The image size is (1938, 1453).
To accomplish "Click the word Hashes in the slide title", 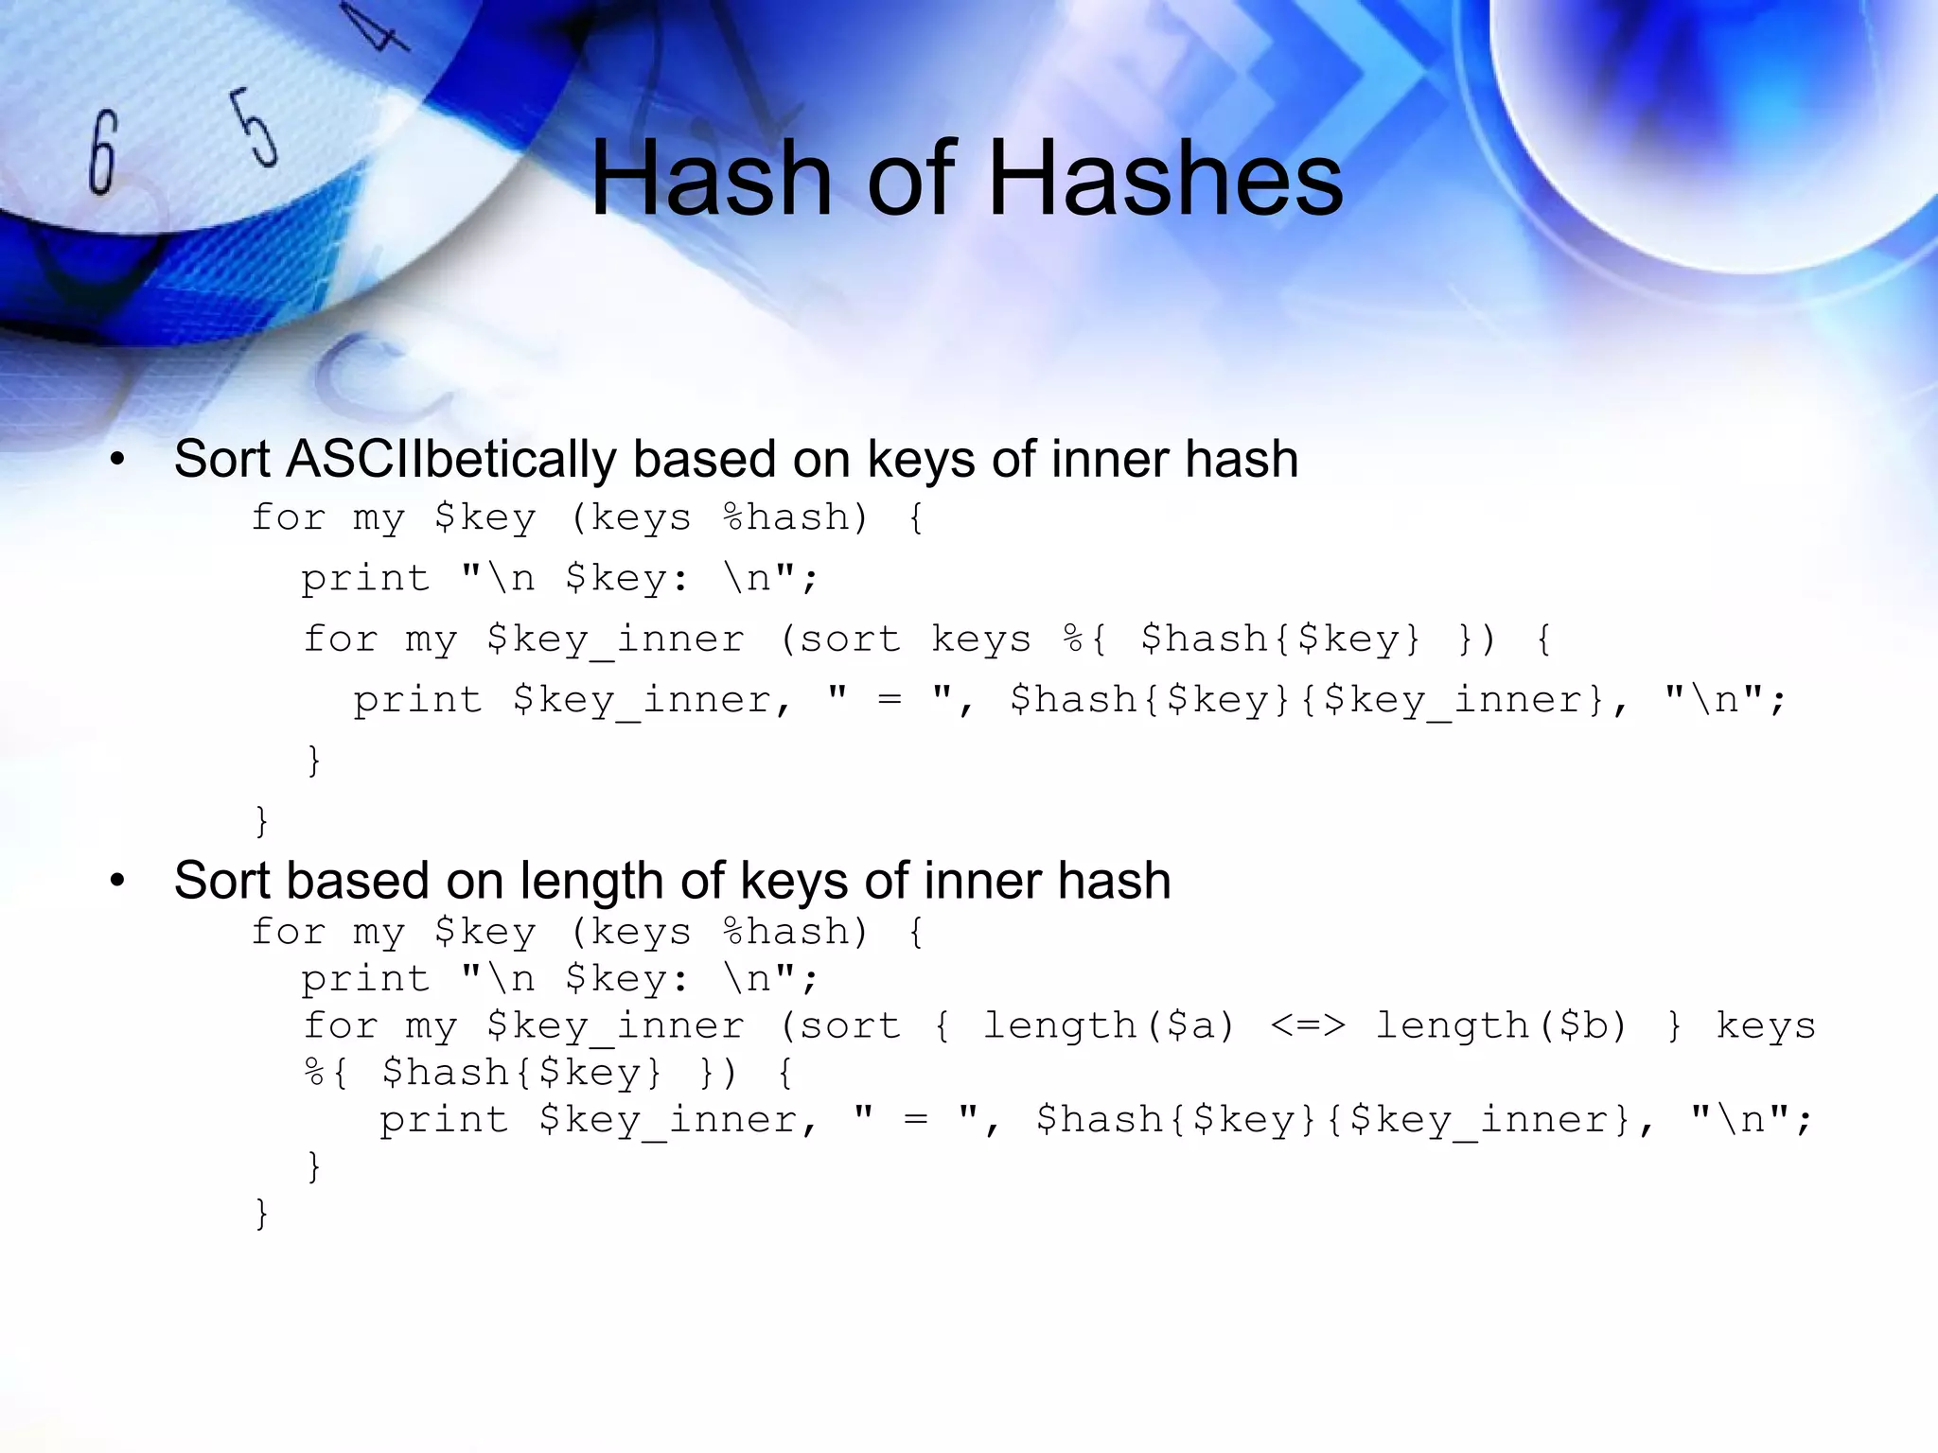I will [1165, 178].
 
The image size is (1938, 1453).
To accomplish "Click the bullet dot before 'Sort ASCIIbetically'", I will [117, 461].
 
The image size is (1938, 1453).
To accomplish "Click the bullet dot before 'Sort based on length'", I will [117, 882].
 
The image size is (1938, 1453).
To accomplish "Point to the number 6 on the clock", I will [102, 151].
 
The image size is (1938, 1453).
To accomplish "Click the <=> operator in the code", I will [1307, 1026].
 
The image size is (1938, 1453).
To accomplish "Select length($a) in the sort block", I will [1109, 1026].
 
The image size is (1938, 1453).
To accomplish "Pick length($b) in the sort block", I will [1501, 1026].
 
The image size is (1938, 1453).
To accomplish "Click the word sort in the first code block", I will [850, 639].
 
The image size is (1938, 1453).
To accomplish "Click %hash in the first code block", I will [795, 518].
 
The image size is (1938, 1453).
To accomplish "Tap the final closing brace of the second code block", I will [262, 1214].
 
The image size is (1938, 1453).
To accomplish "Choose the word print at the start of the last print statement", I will [444, 1121].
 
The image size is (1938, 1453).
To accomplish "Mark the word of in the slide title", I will [909, 178].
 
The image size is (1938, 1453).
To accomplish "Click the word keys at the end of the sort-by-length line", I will [1766, 1026].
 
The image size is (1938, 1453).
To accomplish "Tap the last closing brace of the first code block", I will [262, 820].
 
